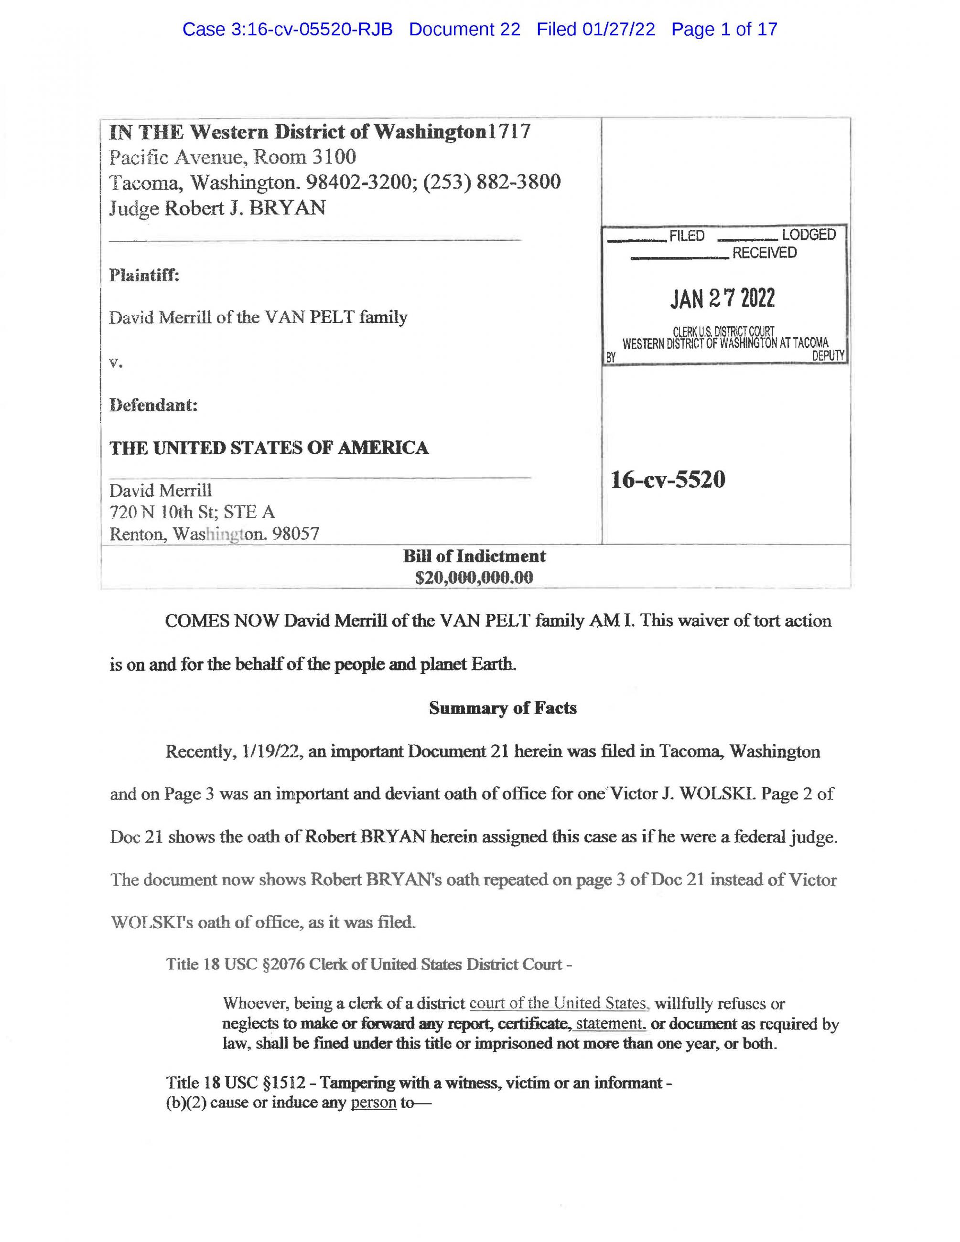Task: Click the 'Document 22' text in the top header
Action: tap(464, 30)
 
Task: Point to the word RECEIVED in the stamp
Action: tap(765, 253)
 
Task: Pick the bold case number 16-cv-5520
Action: tap(668, 480)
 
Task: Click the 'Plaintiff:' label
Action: tap(144, 275)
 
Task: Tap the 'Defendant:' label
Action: tap(153, 406)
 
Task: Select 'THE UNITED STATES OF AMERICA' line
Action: tap(269, 448)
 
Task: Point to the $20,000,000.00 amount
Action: tap(475, 578)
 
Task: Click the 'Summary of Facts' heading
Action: tap(503, 708)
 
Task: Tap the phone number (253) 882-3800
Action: tap(492, 182)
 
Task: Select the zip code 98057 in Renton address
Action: tap(296, 534)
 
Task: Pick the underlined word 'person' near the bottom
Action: tap(373, 1103)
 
